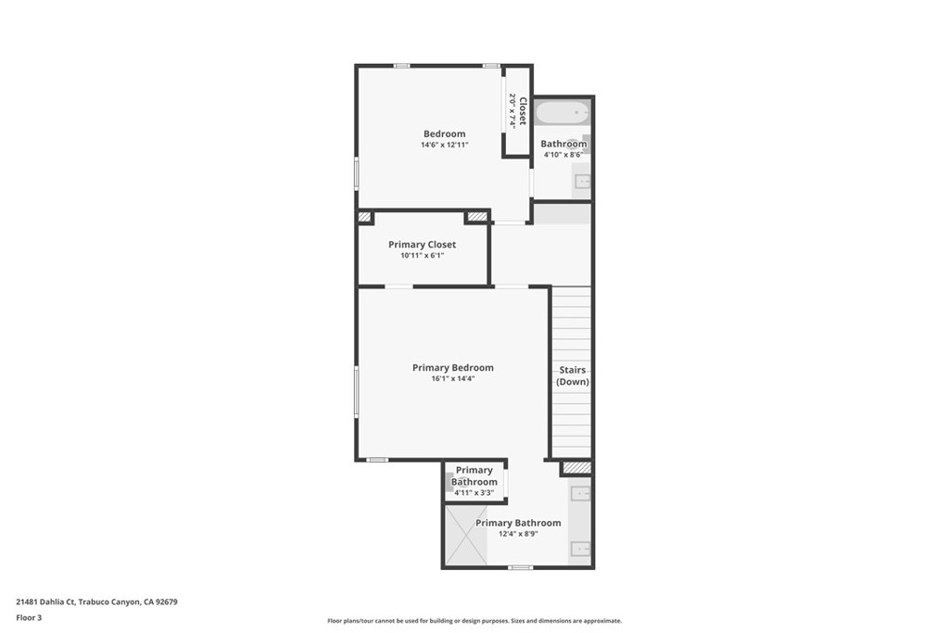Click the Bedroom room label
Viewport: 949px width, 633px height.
pos(445,134)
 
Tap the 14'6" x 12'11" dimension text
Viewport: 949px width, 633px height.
pos(445,146)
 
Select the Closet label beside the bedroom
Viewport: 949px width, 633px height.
pos(523,111)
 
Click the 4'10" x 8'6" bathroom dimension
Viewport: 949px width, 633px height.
pos(563,155)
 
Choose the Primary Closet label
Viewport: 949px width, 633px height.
pos(422,245)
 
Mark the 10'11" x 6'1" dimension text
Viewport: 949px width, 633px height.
pos(422,256)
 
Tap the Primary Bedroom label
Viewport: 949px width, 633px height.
pos(453,368)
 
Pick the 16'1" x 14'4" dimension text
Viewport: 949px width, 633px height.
pos(453,379)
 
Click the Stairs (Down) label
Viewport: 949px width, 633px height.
pos(573,375)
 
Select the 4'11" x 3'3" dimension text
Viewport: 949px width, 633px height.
pos(474,492)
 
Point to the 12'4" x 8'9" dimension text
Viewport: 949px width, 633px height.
pos(518,534)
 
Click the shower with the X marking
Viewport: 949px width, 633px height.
pos(466,535)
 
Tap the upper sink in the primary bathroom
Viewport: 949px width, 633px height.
pos(581,493)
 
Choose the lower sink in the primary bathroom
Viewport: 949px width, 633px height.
pos(581,549)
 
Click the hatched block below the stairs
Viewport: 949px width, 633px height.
pos(576,468)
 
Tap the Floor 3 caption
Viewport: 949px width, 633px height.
pos(29,617)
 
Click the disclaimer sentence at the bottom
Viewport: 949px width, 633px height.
pos(474,621)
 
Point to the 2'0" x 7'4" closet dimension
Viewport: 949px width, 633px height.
pos(511,111)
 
